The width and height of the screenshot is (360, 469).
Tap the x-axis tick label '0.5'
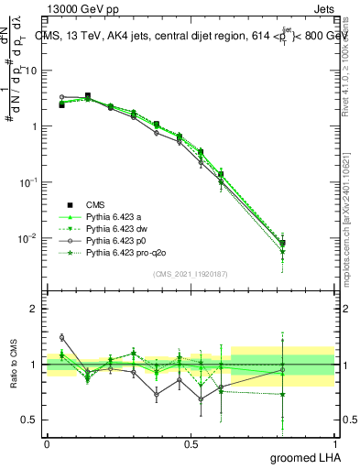191,444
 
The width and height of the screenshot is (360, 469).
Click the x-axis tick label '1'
333,444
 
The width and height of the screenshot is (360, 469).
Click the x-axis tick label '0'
47,444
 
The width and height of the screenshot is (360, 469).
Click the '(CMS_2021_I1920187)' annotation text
190,274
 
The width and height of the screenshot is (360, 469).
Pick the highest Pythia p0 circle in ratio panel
61,337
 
